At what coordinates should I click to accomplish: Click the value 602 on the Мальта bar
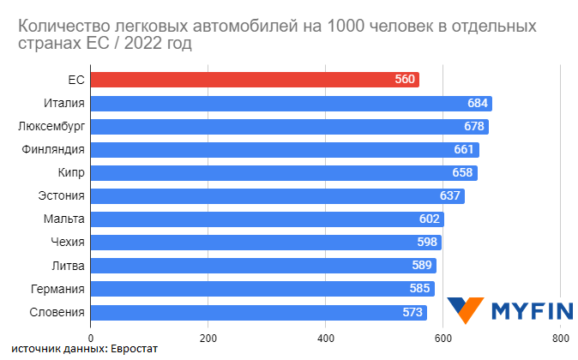pos(430,219)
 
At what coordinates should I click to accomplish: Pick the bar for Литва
pos(257,266)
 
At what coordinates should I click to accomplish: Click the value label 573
pos(413,312)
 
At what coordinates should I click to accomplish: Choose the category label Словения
pos(57,312)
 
